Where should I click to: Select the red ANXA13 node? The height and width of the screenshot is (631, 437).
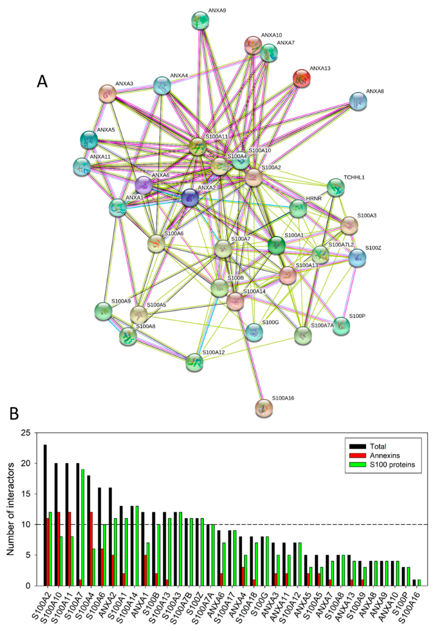[302, 78]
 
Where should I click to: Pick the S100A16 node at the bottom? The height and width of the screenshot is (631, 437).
[264, 408]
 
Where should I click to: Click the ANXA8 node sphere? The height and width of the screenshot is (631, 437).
[358, 101]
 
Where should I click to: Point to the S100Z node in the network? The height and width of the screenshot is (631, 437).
[357, 258]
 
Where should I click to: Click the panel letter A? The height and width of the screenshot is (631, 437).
[42, 81]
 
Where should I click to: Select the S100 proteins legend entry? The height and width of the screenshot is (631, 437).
[392, 465]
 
